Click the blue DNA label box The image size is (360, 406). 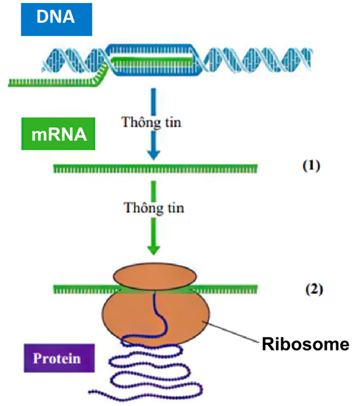56,19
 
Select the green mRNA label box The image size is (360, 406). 58,133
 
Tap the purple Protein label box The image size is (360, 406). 59,358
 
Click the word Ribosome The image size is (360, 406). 306,344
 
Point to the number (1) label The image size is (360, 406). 311,165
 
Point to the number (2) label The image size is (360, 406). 314,289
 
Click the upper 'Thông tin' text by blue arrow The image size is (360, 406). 152,122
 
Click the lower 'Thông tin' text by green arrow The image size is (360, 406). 154,208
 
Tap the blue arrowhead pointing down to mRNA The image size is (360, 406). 153,155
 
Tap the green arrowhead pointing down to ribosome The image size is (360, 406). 153,250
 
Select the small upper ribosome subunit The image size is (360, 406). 155,276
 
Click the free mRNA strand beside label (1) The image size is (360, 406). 155,168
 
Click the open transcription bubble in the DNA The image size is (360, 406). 153,60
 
